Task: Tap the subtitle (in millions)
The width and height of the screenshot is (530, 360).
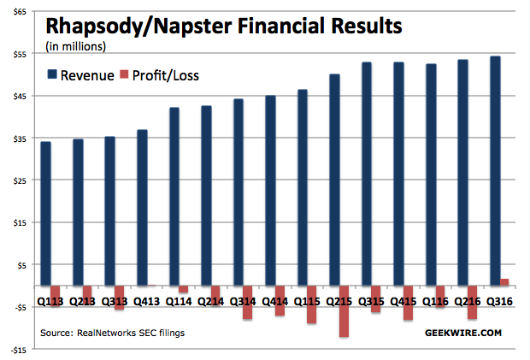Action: [75, 46]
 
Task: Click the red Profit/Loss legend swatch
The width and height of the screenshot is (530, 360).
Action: [124, 76]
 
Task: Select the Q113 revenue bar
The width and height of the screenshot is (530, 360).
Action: [45, 214]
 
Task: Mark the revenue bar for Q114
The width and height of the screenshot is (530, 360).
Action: [174, 197]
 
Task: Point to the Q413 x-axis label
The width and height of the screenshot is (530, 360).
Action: [148, 301]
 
